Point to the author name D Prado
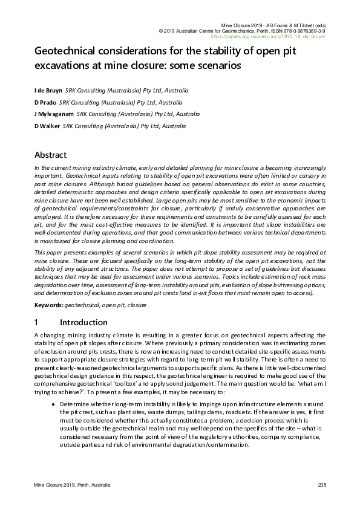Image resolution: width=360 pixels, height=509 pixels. click(x=45, y=102)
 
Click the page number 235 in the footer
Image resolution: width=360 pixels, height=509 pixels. click(x=322, y=487)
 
